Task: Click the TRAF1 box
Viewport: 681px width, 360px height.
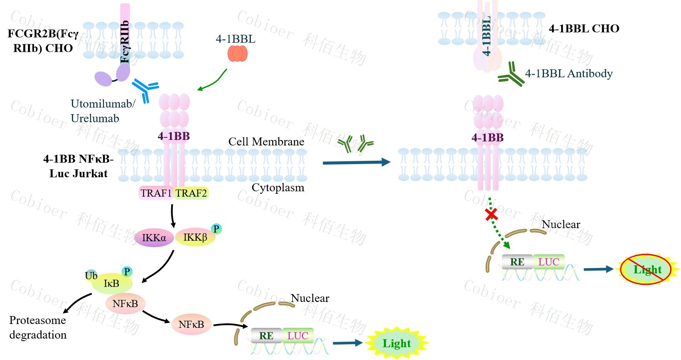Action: tap(156, 193)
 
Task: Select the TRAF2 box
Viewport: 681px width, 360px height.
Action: tap(191, 193)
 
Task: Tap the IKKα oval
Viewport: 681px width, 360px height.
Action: tap(154, 238)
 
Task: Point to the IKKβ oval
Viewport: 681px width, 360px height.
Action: tap(195, 237)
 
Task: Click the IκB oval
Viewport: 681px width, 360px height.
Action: tap(111, 284)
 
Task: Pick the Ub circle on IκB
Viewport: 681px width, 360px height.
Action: tap(91, 275)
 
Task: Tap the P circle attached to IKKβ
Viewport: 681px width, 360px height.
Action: tap(216, 229)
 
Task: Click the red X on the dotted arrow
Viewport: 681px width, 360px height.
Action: tap(491, 215)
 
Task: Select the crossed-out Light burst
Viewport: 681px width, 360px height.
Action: tap(646, 269)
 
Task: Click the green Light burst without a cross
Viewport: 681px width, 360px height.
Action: tap(396, 343)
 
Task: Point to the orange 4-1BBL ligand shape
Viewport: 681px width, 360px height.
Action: tap(238, 53)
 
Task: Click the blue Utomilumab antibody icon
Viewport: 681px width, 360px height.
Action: tap(145, 89)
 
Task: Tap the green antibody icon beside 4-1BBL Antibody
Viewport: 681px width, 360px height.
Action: tap(511, 74)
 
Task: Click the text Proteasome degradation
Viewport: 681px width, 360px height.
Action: tap(38, 327)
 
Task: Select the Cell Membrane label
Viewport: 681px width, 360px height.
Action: tap(266, 142)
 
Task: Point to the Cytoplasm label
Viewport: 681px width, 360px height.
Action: tap(278, 188)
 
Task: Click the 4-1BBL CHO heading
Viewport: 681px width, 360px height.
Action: tap(584, 28)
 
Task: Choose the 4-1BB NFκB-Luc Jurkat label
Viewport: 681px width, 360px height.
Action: tap(78, 166)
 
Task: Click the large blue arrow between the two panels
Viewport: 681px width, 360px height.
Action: tap(356, 162)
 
